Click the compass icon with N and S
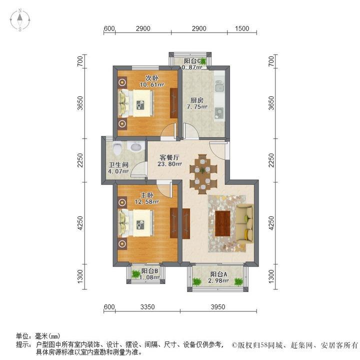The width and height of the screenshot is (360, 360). click(x=20, y=20)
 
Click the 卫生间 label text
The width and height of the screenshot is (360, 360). click(x=119, y=165)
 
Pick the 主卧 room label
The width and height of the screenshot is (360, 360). click(x=146, y=195)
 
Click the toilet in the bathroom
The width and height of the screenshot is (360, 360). click(x=117, y=148)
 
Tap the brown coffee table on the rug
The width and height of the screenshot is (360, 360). click(x=222, y=223)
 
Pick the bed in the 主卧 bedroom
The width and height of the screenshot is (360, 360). click(x=135, y=223)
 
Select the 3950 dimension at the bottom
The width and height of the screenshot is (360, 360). click(x=217, y=306)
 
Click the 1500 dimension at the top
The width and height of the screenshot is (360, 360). click(x=241, y=28)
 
